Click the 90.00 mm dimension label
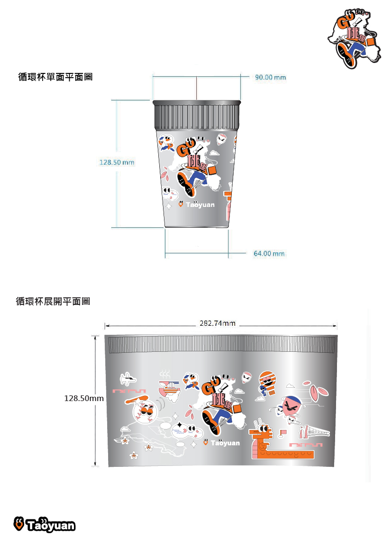click(x=270, y=77)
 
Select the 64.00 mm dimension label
click(x=269, y=254)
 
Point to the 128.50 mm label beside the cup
click(x=117, y=162)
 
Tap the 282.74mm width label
click(x=218, y=323)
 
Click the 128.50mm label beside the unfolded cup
click(x=84, y=399)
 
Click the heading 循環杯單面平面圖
click(x=55, y=77)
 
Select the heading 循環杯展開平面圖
click(x=53, y=301)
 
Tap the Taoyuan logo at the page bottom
click(x=45, y=525)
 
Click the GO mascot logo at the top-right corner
click(x=354, y=39)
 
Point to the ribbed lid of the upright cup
click(x=197, y=115)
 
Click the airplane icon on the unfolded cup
click(x=128, y=379)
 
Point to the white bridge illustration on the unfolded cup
click(x=314, y=432)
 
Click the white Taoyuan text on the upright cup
click(x=200, y=205)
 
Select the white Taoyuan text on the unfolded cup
click(x=225, y=443)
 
